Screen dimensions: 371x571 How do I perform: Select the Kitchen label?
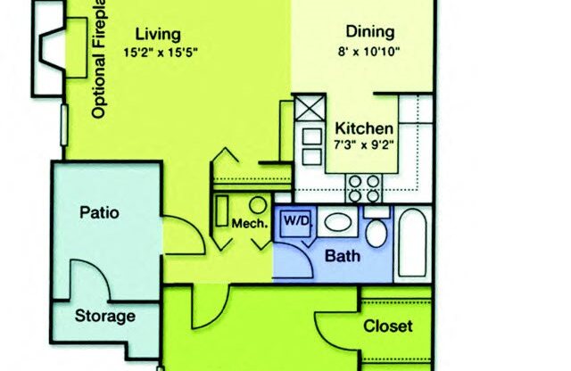[364, 127]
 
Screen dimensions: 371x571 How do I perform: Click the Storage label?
[104, 316]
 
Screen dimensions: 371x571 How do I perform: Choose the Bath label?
[343, 256]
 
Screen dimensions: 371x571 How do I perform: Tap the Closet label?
[387, 326]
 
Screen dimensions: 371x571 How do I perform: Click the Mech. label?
[250, 223]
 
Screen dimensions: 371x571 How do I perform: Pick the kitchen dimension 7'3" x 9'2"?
[363, 144]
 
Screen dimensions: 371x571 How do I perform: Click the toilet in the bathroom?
[377, 232]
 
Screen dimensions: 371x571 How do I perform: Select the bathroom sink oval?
[337, 222]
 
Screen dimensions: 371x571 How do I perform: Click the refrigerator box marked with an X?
[310, 111]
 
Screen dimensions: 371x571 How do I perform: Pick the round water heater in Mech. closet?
[257, 205]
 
